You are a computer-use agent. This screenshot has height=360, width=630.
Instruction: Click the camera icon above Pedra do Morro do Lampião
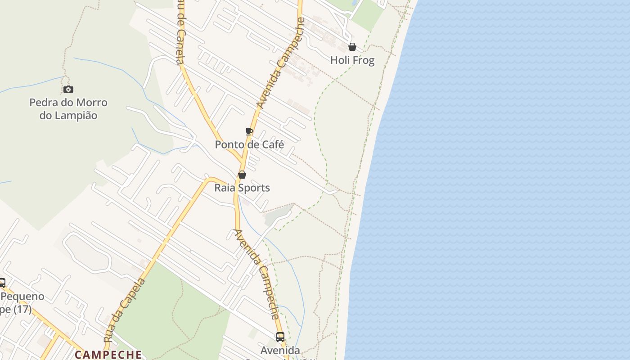pos(68,89)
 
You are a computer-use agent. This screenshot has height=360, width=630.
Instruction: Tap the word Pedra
pos(43,103)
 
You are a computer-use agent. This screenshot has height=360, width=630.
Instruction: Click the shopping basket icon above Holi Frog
pos(352,47)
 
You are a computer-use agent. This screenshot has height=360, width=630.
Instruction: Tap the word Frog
pos(364,60)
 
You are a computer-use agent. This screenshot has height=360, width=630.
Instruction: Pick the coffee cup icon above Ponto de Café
pos(249,131)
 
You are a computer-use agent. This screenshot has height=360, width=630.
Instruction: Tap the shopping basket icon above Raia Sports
pos(242,175)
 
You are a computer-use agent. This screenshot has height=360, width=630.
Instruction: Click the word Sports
pos(253,188)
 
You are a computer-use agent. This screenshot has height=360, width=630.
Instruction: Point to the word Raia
pos(224,188)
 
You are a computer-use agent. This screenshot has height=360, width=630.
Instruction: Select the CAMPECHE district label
pos(108,355)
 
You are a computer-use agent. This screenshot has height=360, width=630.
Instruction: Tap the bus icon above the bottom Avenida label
pos(280,337)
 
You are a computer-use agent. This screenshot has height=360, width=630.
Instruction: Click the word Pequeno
pos(23,297)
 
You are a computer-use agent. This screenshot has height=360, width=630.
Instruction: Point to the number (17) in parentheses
pos(22,310)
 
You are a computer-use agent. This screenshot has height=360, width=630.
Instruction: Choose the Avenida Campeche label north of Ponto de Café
pos(281,63)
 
